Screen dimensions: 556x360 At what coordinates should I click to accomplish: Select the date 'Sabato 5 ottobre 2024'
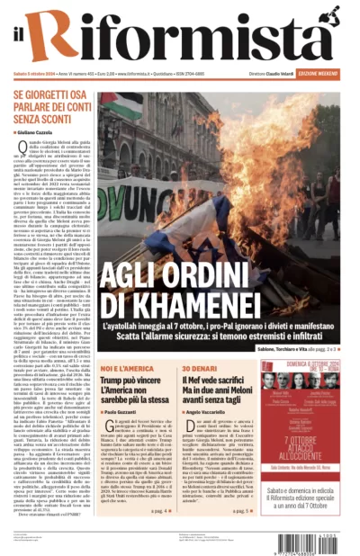[x=32, y=73]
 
